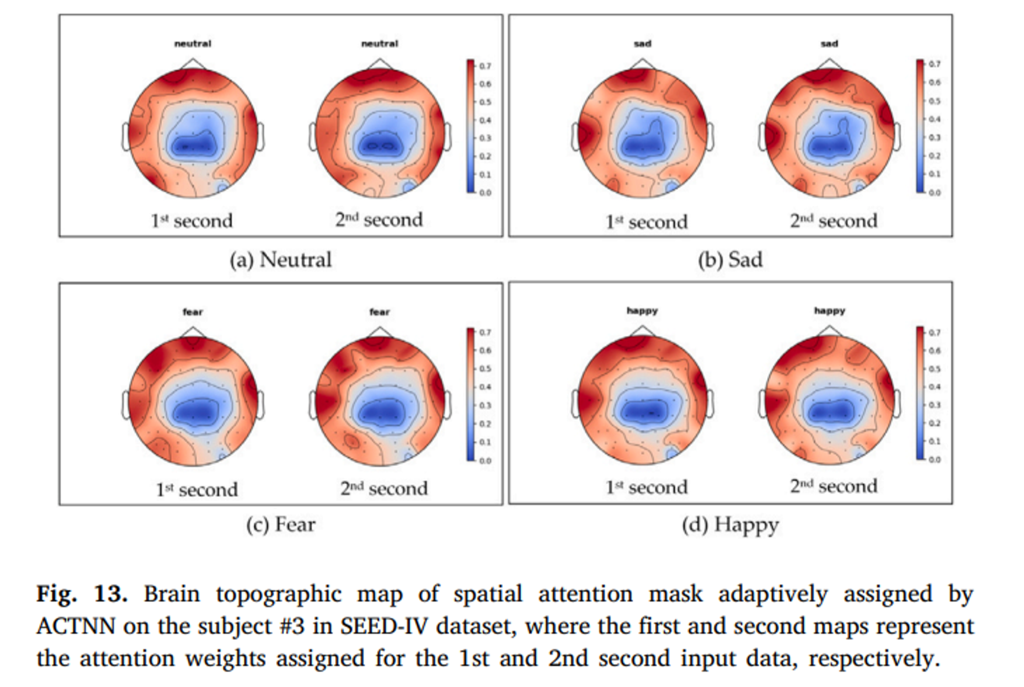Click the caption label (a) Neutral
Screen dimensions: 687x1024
click(281, 260)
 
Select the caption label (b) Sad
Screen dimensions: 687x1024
click(730, 260)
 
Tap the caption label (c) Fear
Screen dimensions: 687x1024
click(281, 525)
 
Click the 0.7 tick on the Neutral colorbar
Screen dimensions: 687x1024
click(485, 66)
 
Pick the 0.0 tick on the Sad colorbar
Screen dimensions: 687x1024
click(935, 192)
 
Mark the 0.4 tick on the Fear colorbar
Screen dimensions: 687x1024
click(485, 387)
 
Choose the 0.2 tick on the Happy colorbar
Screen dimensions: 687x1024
click(935, 423)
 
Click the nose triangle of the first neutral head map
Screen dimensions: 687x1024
click(193, 64)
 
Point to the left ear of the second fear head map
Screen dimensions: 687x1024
click(313, 404)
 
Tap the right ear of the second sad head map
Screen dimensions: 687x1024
click(897, 137)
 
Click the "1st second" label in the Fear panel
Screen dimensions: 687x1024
click(197, 489)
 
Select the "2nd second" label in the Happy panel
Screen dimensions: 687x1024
click(834, 486)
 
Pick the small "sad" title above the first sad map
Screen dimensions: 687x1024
click(643, 44)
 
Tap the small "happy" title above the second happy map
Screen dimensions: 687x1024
click(829, 311)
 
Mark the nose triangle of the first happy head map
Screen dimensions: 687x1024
click(643, 331)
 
